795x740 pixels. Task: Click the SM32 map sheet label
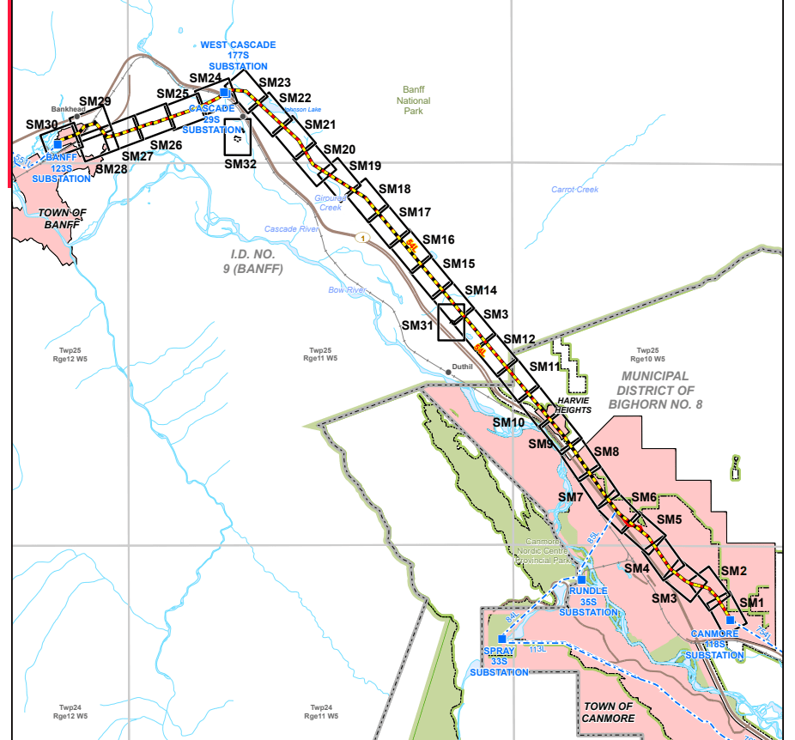(x=240, y=164)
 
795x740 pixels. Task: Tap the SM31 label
(x=417, y=325)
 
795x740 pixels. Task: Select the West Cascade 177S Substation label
(x=234, y=55)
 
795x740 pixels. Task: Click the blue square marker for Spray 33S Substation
(x=501, y=639)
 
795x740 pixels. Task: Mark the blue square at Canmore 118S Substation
(x=729, y=620)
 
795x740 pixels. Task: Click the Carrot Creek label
(x=574, y=190)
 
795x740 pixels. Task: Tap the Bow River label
(x=348, y=290)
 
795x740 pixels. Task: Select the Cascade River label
(x=291, y=229)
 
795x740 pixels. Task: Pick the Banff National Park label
(x=414, y=100)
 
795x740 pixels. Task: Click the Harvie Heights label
(x=574, y=405)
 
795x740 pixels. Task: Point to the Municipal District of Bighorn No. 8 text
(x=656, y=389)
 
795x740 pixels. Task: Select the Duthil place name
(x=462, y=367)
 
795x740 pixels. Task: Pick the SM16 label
(x=438, y=240)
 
